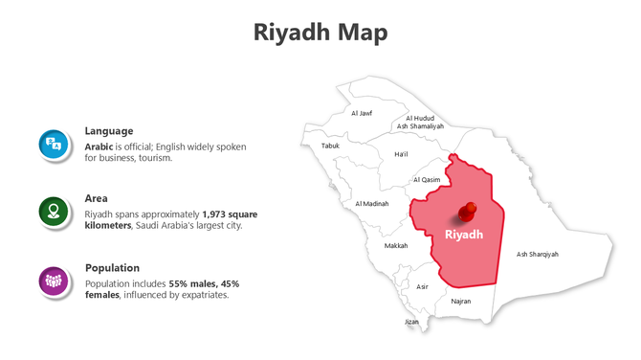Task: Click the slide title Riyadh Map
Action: tap(320, 33)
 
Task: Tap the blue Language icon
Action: tap(54, 145)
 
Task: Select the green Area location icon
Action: tap(54, 212)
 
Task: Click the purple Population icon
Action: tap(54, 281)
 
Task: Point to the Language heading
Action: tap(109, 131)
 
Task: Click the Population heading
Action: tap(113, 268)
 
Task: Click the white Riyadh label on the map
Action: tap(465, 235)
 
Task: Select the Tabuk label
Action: tap(330, 146)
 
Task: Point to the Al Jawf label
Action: tap(362, 113)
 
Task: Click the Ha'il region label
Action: tap(401, 153)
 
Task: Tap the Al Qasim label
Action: tap(427, 180)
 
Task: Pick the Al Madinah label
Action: tap(371, 203)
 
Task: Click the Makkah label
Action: tap(396, 246)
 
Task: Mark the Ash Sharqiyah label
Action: tap(538, 255)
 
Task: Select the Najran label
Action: tap(460, 301)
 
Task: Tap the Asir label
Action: tap(422, 286)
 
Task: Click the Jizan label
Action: tap(411, 322)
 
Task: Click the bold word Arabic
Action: tap(99, 146)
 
